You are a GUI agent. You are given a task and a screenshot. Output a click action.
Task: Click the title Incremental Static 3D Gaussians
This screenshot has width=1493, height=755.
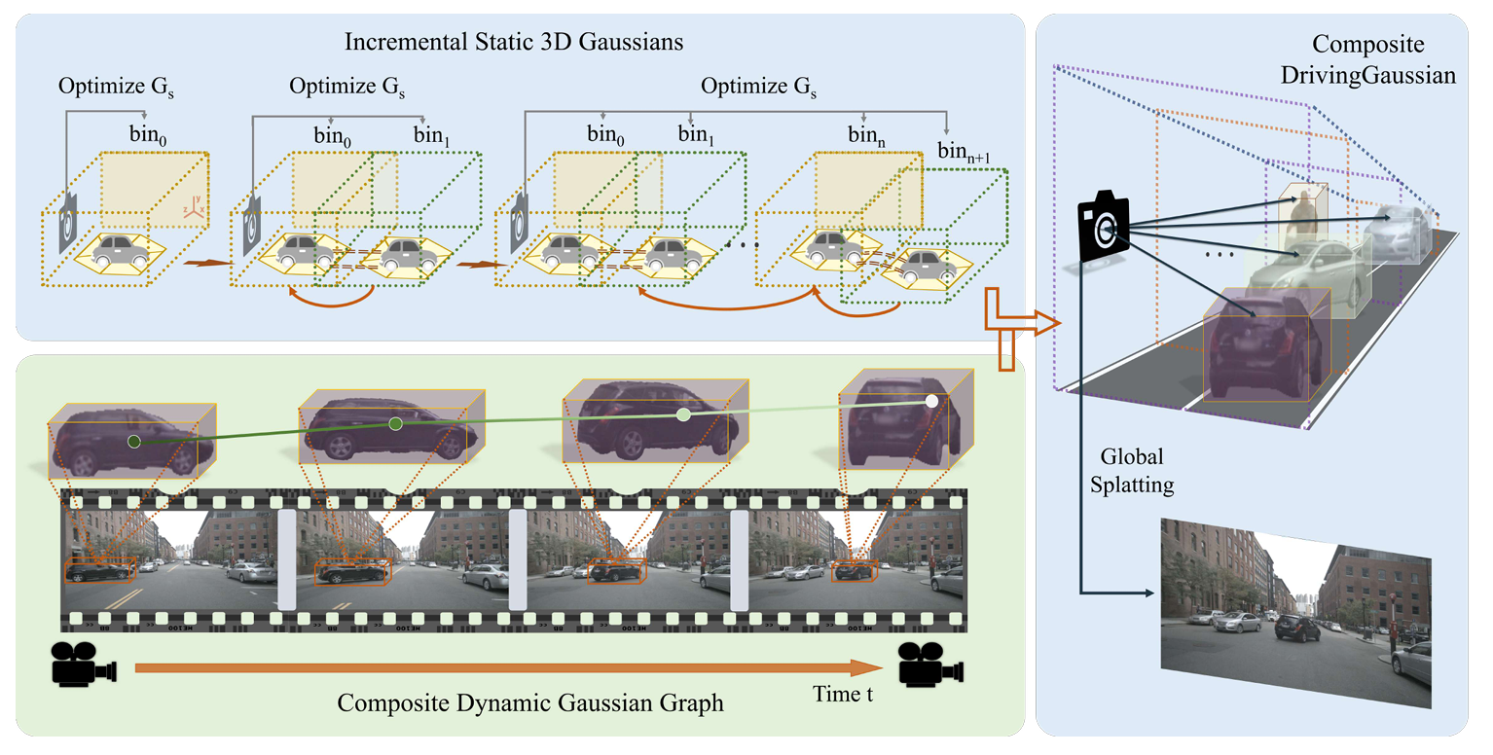[x=514, y=42]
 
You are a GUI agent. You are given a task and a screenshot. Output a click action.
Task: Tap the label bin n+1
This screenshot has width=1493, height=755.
[x=964, y=153]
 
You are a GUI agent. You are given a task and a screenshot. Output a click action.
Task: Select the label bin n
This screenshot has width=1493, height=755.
[x=866, y=135]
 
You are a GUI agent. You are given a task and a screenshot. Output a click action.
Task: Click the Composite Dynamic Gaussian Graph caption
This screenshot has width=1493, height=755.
[x=529, y=703]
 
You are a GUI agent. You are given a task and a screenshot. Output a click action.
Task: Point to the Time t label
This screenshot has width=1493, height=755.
[x=843, y=695]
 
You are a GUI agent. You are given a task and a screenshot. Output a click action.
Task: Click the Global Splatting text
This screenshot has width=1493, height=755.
[x=1132, y=471]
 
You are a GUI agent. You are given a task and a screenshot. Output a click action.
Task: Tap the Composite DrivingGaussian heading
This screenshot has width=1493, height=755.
[x=1368, y=59]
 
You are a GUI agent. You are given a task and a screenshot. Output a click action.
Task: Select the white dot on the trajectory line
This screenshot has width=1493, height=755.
[x=931, y=401]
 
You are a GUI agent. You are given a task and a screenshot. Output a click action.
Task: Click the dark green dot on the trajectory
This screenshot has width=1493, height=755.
[x=134, y=442]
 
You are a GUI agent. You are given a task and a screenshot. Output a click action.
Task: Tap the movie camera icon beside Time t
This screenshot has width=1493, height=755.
[x=930, y=664]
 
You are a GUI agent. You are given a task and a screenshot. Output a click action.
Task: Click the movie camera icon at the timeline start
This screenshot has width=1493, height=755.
[x=84, y=664]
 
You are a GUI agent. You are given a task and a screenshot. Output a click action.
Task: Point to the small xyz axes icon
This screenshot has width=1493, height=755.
[x=194, y=207]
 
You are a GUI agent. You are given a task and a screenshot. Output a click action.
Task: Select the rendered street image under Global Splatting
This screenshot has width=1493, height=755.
[x=1295, y=613]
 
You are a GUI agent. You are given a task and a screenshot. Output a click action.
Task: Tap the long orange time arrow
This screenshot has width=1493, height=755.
[x=509, y=667]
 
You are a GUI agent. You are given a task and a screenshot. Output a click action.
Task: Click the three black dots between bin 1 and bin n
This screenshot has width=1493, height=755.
[x=739, y=246]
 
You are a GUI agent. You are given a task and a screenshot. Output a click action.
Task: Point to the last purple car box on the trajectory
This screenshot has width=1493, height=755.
[x=906, y=419]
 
